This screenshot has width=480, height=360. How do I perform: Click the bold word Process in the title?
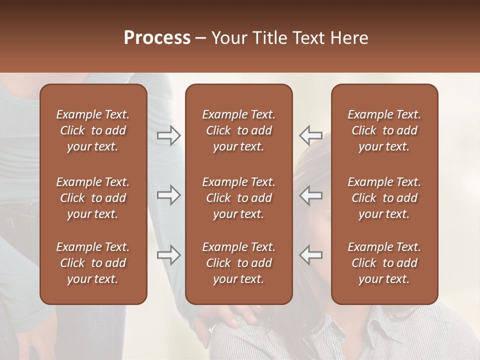(157, 38)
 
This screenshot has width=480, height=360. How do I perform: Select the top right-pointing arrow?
(168, 135)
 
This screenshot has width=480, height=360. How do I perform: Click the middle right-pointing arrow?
(168, 195)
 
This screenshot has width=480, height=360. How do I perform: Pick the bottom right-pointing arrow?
(168, 255)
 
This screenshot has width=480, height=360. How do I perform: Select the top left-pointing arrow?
(311, 135)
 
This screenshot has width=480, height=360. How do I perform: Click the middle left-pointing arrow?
(311, 195)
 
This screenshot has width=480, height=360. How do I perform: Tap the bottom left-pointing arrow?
(311, 255)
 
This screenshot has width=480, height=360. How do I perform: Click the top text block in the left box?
(93, 130)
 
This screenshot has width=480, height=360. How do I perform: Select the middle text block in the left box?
(93, 198)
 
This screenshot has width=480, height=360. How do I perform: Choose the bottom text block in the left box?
(93, 263)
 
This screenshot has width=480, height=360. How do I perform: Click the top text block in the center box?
(239, 130)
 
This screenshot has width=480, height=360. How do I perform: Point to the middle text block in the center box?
(239, 198)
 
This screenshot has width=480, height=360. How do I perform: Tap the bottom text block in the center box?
(239, 263)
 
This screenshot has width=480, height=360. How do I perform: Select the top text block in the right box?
(384, 130)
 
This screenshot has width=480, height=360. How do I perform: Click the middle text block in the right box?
(384, 198)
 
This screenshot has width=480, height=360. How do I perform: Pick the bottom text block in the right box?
(384, 263)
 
